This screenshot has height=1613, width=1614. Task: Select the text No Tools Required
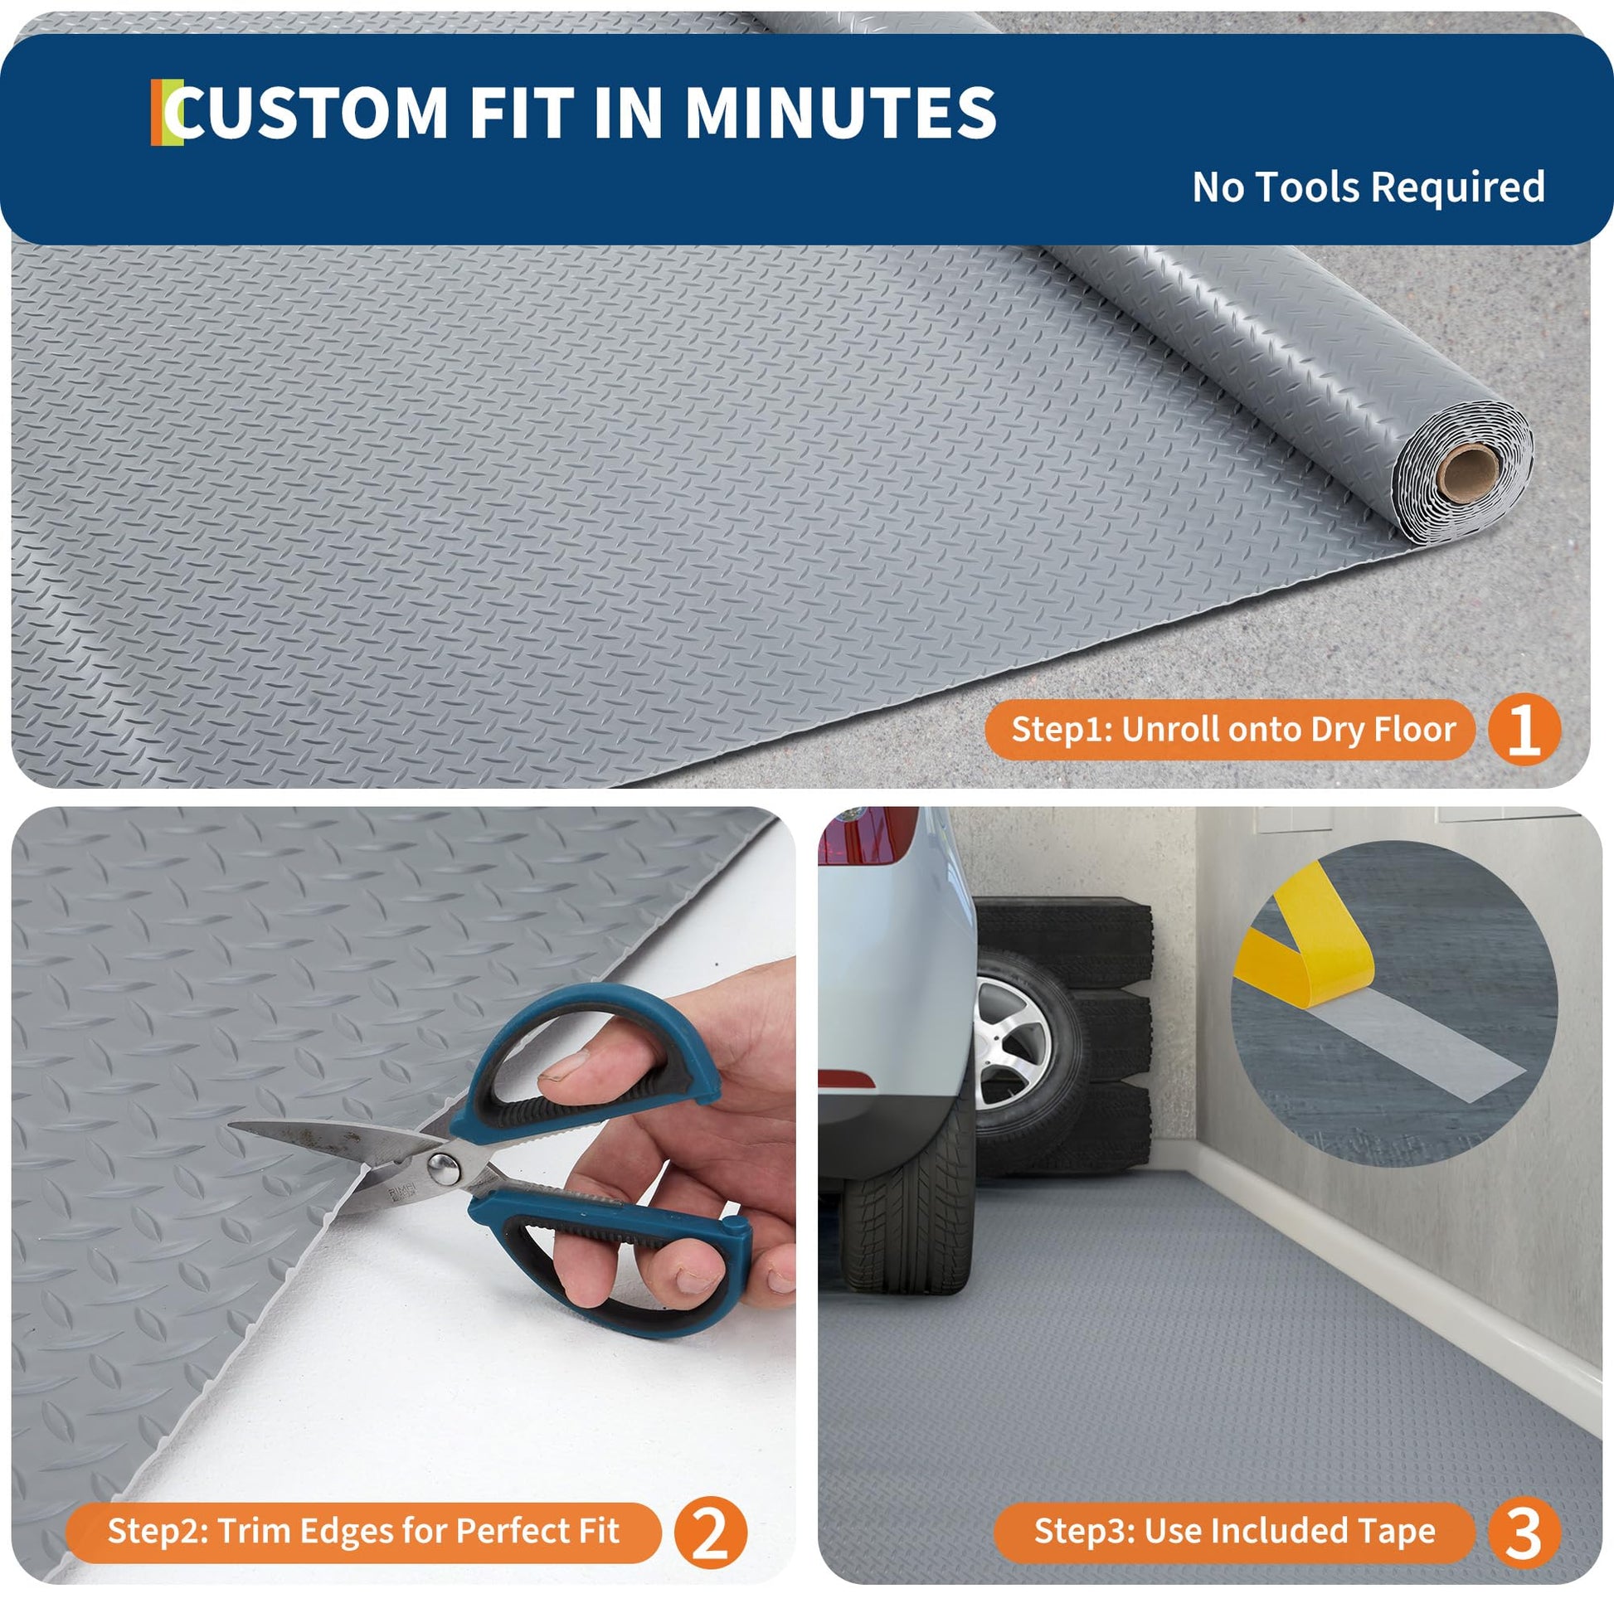(1368, 187)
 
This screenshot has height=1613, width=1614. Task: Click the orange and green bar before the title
(166, 113)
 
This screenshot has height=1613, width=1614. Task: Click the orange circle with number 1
(1524, 729)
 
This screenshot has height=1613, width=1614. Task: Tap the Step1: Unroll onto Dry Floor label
(1233, 729)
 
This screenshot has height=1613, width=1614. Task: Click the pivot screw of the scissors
(443, 1168)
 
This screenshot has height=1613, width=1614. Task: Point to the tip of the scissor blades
(231, 1126)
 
